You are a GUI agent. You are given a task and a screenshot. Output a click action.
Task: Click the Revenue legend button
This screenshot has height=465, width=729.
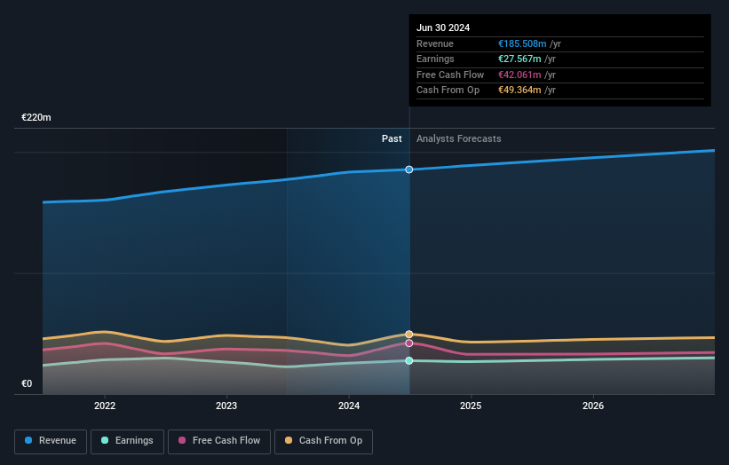click(52, 441)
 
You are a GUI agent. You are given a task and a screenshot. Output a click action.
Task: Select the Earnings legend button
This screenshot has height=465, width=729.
click(127, 441)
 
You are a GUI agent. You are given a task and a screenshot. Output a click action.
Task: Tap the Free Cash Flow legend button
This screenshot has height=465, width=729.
click(218, 441)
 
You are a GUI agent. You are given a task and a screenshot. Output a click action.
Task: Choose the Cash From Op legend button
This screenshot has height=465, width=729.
click(322, 441)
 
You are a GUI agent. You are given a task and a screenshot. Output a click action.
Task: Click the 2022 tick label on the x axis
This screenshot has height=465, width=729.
click(105, 406)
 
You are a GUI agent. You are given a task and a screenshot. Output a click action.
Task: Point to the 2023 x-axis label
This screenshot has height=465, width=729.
click(226, 406)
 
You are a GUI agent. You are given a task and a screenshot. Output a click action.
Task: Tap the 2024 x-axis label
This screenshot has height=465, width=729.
click(349, 406)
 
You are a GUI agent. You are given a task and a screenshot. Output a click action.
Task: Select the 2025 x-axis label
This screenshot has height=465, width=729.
click(471, 406)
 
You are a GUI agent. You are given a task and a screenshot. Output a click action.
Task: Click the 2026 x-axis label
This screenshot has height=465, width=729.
click(593, 406)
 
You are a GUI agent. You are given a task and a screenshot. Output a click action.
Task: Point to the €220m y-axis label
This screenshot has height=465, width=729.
click(36, 118)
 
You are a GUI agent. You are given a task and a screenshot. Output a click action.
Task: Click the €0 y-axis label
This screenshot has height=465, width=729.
click(27, 384)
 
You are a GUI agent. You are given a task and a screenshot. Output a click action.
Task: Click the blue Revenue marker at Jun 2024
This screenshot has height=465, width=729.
click(409, 169)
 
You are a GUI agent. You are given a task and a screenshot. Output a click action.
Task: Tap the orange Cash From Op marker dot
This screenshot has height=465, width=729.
click(409, 335)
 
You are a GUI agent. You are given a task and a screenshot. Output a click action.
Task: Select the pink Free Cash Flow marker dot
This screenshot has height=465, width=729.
click(409, 343)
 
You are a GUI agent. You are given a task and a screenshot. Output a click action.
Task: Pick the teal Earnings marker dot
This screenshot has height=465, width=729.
click(409, 360)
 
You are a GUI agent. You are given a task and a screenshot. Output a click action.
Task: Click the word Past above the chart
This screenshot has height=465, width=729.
click(392, 139)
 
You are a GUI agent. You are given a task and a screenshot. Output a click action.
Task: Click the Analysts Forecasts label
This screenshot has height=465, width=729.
click(458, 139)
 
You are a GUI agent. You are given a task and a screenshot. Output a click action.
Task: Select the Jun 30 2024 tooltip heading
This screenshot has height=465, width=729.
click(442, 28)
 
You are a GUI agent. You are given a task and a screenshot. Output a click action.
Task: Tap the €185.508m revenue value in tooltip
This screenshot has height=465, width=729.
click(522, 44)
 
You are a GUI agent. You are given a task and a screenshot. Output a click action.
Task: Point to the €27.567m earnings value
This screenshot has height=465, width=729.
click(519, 59)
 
